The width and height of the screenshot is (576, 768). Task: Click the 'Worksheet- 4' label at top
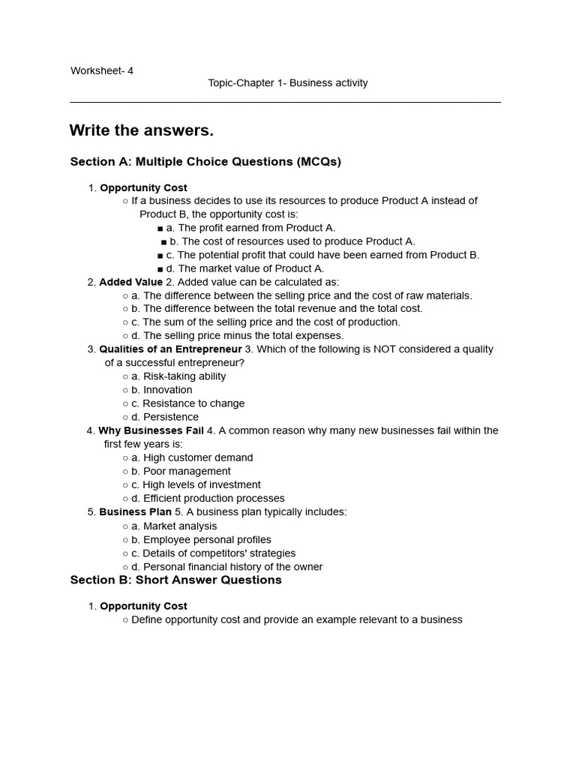102,71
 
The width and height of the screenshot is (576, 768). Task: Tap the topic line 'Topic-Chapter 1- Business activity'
288,83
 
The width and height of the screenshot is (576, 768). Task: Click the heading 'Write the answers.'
142,130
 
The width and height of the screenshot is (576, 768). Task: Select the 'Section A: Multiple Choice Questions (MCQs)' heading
205,162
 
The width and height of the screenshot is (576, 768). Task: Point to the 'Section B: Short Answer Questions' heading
176,580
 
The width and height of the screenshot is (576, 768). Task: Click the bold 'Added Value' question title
130,282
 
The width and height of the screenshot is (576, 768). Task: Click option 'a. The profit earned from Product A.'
250,228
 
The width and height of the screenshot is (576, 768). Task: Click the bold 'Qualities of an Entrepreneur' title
170,349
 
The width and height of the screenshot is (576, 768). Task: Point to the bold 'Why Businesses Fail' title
151,431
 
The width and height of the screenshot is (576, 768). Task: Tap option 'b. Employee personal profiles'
201,540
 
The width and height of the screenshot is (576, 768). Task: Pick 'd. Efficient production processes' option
208,499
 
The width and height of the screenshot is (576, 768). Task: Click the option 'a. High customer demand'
192,458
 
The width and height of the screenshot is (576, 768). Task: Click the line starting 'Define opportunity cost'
296,620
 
